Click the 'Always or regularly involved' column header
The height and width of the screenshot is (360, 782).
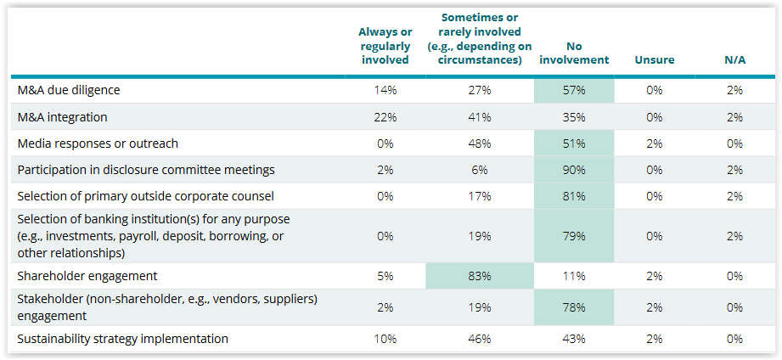pos(385,46)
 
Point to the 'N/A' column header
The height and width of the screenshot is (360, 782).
pos(734,59)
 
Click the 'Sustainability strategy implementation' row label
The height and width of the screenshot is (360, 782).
pos(122,339)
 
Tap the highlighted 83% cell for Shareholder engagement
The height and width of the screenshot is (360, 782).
pos(479,276)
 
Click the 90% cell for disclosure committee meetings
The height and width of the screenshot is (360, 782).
pos(574,170)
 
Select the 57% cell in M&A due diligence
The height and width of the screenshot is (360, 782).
pos(574,90)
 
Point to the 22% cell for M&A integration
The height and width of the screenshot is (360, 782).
pos(385,117)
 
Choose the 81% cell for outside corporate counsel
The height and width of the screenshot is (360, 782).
pos(574,196)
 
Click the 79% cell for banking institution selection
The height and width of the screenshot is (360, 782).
pos(574,236)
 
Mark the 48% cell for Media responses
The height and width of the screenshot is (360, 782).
pos(479,143)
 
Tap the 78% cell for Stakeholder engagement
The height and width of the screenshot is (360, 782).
pos(574,307)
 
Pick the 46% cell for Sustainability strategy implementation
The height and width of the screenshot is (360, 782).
pos(479,339)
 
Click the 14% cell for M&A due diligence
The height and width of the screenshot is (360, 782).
pos(385,90)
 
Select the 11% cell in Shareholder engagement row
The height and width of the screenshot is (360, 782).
pos(574,276)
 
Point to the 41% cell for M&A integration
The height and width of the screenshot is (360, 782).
pos(479,117)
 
